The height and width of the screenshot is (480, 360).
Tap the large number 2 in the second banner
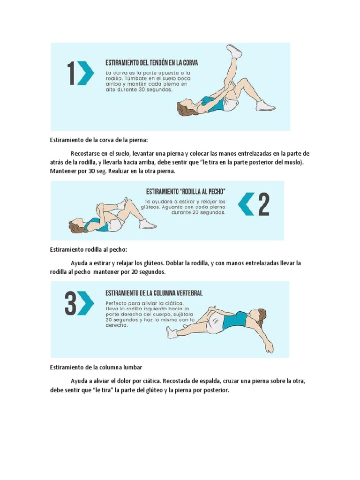tap(264, 205)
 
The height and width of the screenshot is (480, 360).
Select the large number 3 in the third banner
tap(71, 304)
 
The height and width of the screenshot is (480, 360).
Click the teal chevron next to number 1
tap(86, 74)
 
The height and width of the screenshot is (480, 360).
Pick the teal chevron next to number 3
tap(86, 304)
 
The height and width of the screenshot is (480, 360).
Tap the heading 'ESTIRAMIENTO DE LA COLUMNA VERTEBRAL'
tap(154, 293)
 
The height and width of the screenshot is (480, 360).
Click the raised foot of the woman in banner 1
tap(234, 51)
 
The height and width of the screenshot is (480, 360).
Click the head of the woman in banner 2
tap(76, 226)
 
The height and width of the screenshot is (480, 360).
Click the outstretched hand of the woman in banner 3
tap(269, 348)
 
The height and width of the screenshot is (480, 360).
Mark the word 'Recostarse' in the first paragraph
tap(85, 153)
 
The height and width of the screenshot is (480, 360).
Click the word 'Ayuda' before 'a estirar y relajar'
tap(79, 263)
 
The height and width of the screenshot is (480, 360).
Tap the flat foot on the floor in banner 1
tap(265, 106)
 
